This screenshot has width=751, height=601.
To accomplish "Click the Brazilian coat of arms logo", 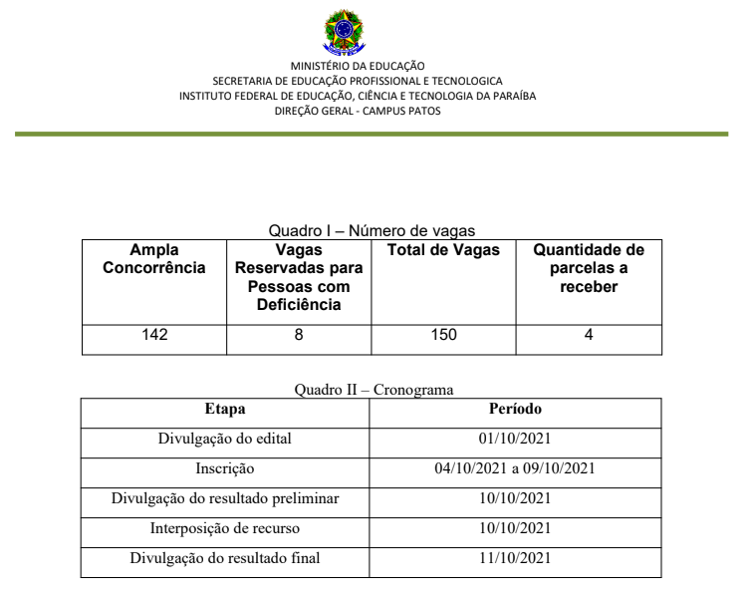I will (x=344, y=32).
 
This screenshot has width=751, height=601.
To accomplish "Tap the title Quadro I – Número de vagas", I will (x=372, y=230).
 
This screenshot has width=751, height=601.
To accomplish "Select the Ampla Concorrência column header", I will (x=154, y=259).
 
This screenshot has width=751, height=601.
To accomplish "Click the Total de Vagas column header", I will (x=443, y=250).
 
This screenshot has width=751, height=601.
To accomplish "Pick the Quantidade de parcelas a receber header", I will (x=589, y=268).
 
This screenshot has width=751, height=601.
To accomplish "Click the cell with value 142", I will (x=154, y=335).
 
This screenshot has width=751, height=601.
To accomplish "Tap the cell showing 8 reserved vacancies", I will (x=299, y=335).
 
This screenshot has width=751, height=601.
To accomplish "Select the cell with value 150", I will (x=443, y=335).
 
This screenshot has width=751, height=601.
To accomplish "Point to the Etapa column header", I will (x=225, y=409).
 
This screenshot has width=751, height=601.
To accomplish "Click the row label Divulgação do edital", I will (x=225, y=439).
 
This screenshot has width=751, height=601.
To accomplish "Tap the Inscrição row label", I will (x=225, y=468).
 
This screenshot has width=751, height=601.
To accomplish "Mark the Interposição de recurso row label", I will (x=225, y=528).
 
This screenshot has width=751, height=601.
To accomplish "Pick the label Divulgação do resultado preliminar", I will (x=225, y=498).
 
